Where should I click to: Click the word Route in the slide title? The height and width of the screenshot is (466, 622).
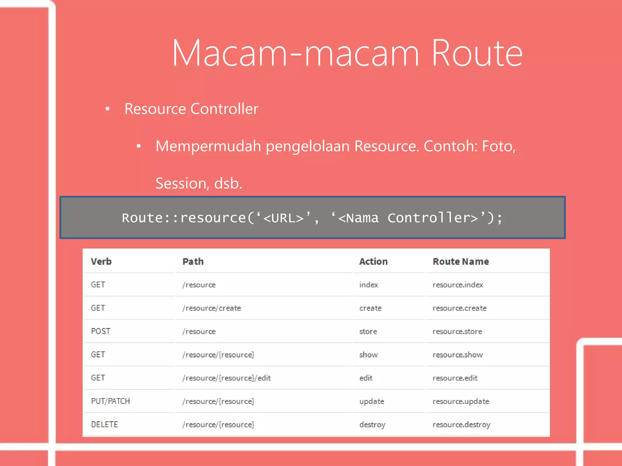tap(477, 53)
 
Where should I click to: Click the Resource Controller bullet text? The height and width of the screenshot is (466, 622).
tap(191, 109)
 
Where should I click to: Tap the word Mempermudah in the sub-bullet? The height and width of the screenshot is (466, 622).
tap(208, 146)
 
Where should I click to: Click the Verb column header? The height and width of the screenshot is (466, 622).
tap(101, 262)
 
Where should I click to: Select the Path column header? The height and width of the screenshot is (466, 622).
tap(193, 262)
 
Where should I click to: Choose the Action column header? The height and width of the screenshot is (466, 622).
tap(373, 262)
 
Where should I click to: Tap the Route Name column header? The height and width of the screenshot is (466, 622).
tap(461, 262)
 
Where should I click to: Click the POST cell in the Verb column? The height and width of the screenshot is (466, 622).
tap(101, 331)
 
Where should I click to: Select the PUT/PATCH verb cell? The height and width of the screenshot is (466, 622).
tap(111, 401)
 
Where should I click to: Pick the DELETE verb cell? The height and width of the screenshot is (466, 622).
tap(104, 424)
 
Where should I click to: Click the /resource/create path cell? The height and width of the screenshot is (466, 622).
tap(212, 308)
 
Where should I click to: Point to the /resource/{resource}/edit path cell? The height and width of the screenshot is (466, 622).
tap(227, 378)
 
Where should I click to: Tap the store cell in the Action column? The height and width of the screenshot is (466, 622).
tap(368, 331)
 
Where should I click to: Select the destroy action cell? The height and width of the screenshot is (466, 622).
tap(372, 425)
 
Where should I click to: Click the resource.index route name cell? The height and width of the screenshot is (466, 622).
tap(458, 285)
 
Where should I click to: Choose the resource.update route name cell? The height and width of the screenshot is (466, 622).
tap(461, 401)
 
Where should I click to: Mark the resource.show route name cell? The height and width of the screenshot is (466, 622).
tap(457, 355)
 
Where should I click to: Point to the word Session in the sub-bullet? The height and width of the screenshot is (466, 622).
tap(181, 184)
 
